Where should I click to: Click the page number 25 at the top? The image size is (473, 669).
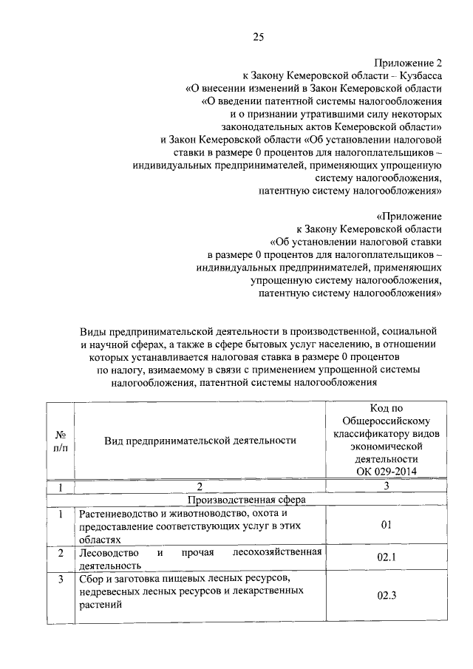click(259, 37)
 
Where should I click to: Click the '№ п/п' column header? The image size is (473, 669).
click(61, 440)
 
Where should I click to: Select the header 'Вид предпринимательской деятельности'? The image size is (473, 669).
click(200, 440)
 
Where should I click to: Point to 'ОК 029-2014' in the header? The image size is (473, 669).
click(384, 471)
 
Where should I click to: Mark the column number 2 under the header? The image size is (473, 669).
click(200, 486)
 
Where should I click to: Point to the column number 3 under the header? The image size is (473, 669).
click(384, 486)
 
